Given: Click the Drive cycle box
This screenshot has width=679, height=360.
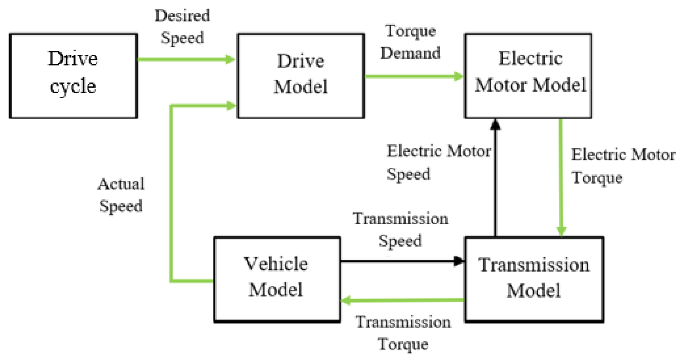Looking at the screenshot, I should [x=73, y=76].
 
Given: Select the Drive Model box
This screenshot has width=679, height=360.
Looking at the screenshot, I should [x=301, y=76].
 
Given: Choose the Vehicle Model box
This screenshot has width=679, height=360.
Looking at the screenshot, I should [x=277, y=279].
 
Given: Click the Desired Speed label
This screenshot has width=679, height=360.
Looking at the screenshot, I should [x=182, y=27].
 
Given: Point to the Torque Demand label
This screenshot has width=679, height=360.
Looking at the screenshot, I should [x=410, y=42].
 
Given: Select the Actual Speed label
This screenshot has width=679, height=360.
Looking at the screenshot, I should [x=121, y=195].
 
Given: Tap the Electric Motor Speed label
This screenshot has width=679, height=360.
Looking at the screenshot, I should [x=438, y=162].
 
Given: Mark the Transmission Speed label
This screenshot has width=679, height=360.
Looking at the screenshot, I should [x=400, y=230].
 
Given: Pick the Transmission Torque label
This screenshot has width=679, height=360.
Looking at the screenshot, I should [x=403, y=333].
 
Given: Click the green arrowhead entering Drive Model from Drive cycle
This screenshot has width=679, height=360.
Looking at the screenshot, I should [x=230, y=60].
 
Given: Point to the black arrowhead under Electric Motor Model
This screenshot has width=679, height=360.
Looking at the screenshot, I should [x=495, y=125].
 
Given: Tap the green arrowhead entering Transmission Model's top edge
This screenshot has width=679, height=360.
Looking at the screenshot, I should [x=561, y=231].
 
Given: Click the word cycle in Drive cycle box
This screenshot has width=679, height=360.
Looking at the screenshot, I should [x=73, y=86].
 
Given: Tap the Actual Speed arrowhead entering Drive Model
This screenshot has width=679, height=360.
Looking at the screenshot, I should [x=231, y=105].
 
